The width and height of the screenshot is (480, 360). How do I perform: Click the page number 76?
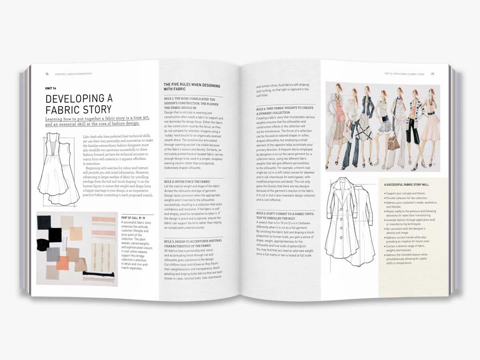47,74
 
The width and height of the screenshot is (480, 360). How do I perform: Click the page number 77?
432,74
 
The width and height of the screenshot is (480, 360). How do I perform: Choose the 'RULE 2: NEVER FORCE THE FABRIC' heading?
187,182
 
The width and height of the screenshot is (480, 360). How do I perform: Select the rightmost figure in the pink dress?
430,128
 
